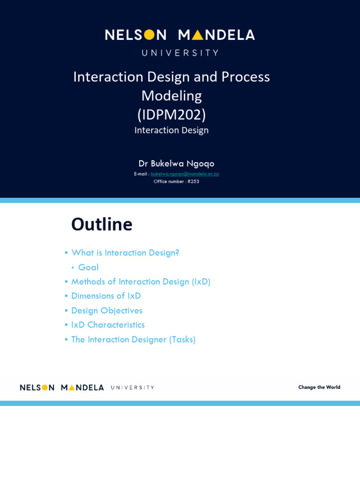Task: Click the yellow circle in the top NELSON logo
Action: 149,35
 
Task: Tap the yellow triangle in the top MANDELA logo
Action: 197,35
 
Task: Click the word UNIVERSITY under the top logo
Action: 180,52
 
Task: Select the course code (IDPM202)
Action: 172,114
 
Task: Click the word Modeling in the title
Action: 172,96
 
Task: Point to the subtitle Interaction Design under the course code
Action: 172,130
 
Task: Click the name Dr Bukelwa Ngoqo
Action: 176,164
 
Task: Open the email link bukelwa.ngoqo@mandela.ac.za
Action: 185,174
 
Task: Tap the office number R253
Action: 193,181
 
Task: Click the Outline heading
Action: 102,224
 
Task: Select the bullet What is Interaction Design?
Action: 125,253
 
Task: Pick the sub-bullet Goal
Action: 88,267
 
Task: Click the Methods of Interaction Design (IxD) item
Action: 141,282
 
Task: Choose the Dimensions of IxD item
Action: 106,296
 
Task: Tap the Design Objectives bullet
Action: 107,310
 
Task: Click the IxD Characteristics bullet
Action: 108,325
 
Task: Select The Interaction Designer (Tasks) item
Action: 133,339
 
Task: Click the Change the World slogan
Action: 319,387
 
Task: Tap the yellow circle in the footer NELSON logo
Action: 45,387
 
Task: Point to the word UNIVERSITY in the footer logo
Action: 133,388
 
